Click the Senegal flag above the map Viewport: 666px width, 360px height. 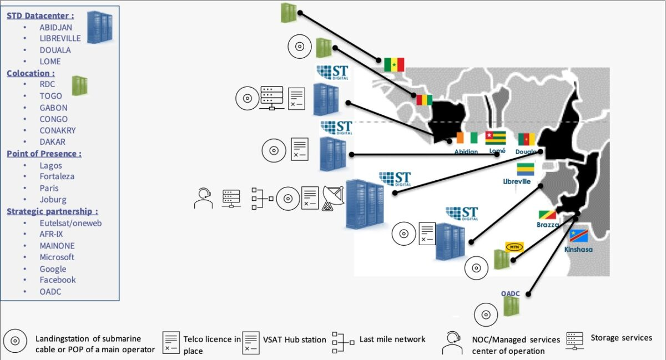coord(394,64)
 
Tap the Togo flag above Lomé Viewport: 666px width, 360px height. coord(495,138)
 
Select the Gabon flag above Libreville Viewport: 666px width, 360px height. coord(526,169)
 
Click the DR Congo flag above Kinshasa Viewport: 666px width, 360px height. coord(578,236)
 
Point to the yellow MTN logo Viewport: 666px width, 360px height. coord(514,247)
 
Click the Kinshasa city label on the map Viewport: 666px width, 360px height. coord(578,250)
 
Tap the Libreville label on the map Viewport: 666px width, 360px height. coord(517,181)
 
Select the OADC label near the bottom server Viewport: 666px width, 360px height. coord(510,293)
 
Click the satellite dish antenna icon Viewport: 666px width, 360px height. coord(333,198)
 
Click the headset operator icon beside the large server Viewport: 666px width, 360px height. coord(203,198)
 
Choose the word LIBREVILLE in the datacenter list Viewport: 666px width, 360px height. coord(60,38)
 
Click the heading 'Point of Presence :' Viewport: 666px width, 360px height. coord(44,154)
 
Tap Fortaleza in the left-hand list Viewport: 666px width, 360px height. coord(57,176)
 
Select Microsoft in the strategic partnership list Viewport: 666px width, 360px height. coord(57,257)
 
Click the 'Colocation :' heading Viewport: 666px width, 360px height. coord(31,73)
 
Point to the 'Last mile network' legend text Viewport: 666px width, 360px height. coord(392,339)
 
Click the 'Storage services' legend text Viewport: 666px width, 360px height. coord(622,338)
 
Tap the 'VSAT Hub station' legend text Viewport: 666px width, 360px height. coord(294,339)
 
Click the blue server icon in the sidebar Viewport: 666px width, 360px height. coord(100,27)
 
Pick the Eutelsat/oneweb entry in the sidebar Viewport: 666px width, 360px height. coord(71,223)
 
